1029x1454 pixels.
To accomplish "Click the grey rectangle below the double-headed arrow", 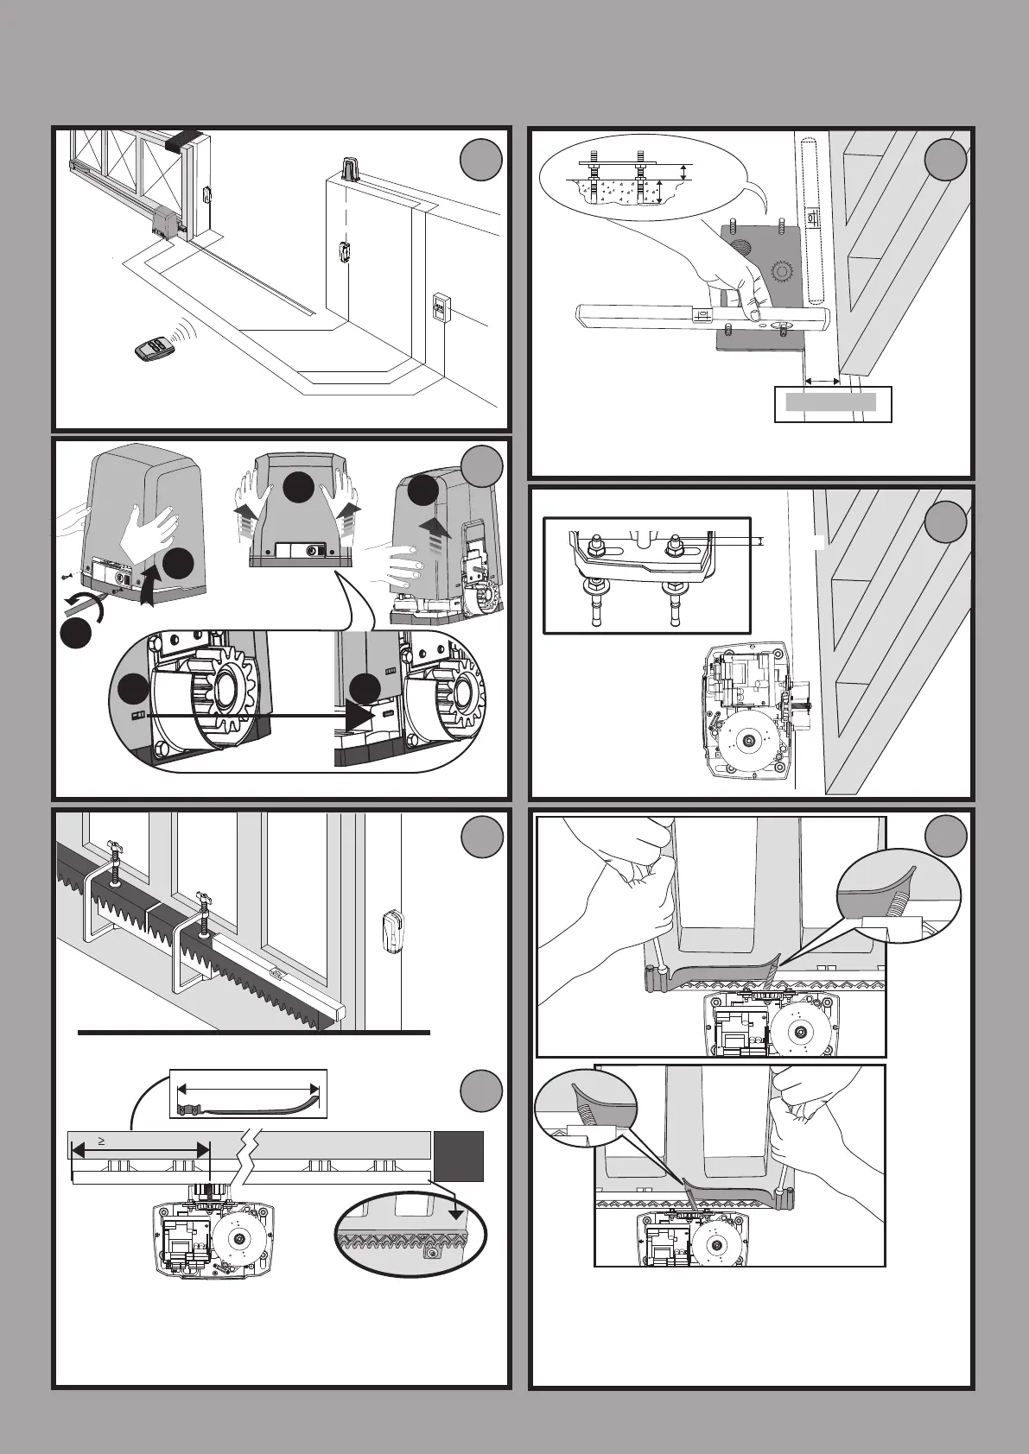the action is coord(830,401).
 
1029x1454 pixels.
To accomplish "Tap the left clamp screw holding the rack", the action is coord(113,863).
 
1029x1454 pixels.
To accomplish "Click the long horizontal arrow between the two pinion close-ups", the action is coord(259,715).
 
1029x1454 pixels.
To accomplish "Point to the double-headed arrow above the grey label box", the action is coord(822,381).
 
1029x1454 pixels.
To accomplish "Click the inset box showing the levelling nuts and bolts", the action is coord(647,574).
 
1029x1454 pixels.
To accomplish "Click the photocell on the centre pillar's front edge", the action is coord(344,254).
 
